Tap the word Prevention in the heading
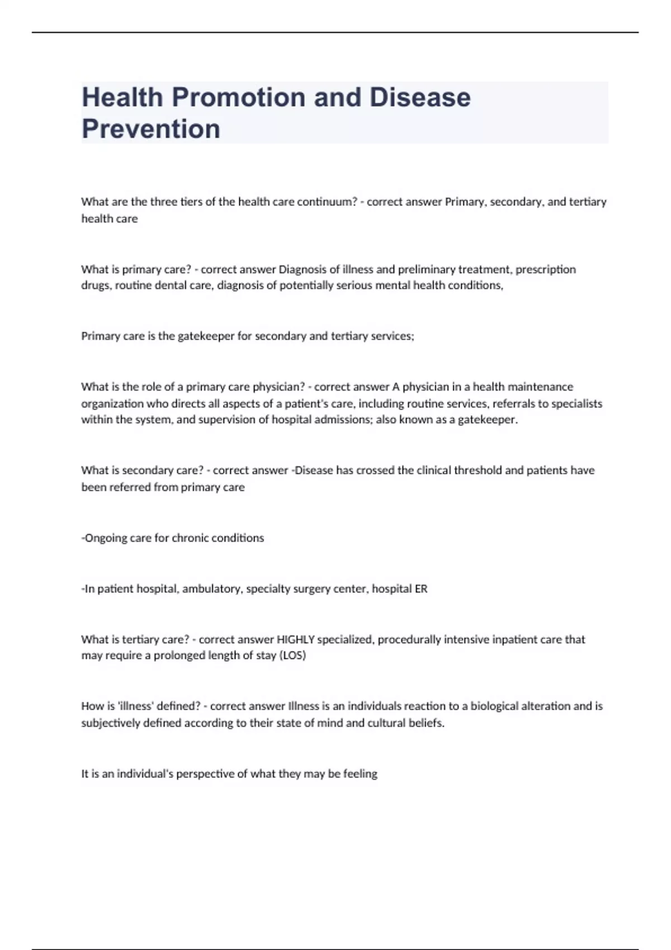tap(151, 129)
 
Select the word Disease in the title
tap(420, 97)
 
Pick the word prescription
tap(545, 269)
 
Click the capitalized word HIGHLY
tap(296, 639)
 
